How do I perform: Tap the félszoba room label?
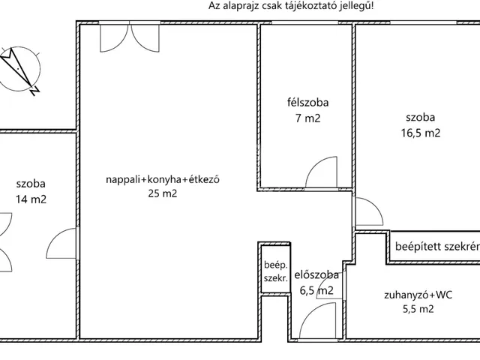[307, 102]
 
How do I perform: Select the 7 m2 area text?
[308, 118]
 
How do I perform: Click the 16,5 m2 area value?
[421, 133]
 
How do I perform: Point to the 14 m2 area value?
[31, 199]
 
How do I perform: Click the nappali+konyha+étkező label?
[163, 179]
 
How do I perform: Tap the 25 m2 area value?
[163, 193]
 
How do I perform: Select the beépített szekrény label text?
[437, 247]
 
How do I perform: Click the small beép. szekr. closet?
[275, 268]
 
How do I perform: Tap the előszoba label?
[316, 275]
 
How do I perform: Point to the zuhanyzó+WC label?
[418, 295]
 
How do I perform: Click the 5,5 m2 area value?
[418, 309]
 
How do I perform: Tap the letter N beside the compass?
[34, 91]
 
